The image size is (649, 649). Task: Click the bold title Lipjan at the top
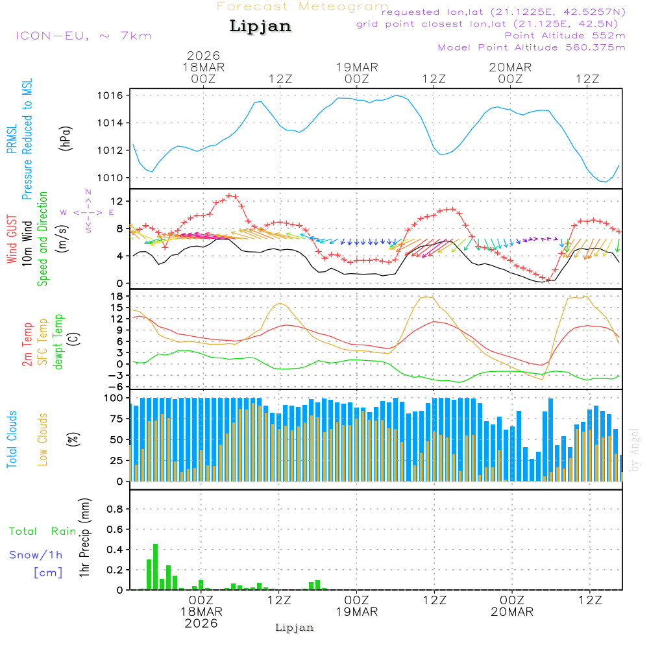coord(260,27)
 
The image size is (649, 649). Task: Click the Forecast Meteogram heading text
coord(302,7)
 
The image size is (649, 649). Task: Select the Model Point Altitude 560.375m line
coord(532,47)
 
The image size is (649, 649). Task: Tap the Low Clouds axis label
coord(43,439)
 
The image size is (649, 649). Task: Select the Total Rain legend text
coord(43,532)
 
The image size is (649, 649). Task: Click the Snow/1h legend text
coord(36,556)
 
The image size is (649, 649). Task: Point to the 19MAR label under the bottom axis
coord(356,612)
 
